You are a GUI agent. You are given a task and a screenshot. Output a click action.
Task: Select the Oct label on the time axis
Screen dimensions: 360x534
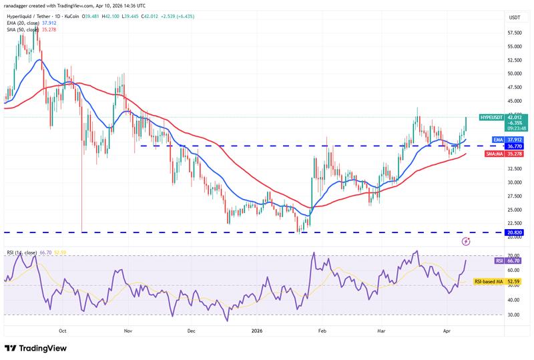[62, 330]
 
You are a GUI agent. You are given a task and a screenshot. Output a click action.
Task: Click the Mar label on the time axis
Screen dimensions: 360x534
[382, 330]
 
